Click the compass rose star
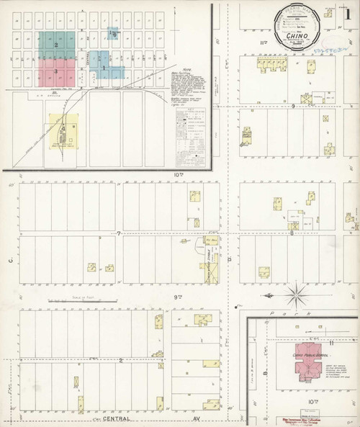[297, 292]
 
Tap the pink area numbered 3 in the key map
[56, 71]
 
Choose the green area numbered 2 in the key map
[55, 45]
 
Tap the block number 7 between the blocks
[118, 234]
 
